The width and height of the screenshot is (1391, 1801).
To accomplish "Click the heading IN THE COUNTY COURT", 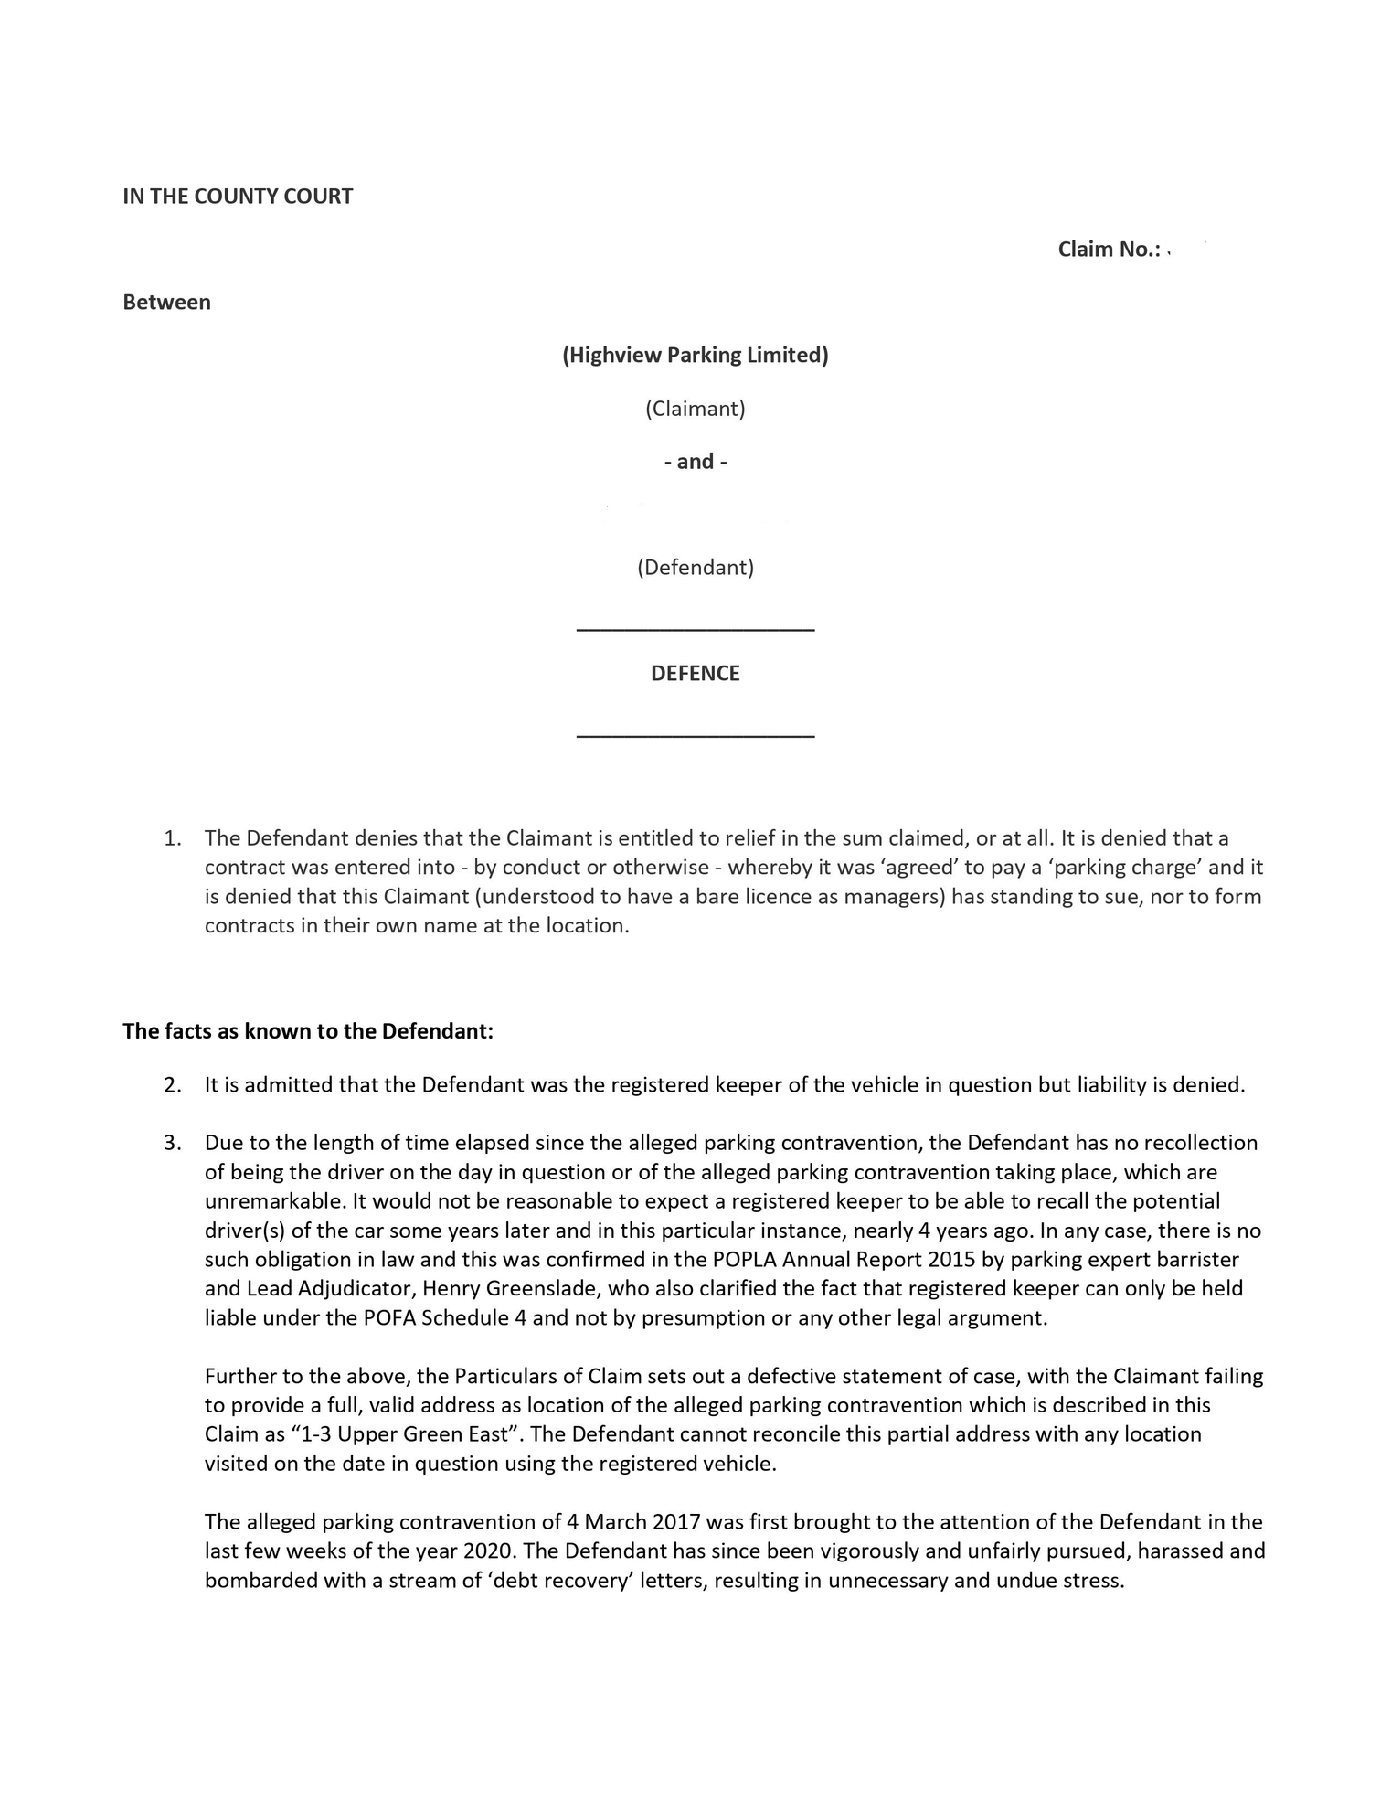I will pos(238,197).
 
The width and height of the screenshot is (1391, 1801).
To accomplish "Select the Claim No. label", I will pos(1108,250).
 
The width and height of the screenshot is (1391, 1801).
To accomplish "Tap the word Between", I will pos(166,303).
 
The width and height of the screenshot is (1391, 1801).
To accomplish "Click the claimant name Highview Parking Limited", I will pos(695,356).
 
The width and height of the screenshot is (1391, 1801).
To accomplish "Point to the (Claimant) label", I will pos(695,409).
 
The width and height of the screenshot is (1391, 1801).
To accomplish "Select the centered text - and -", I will pos(695,462).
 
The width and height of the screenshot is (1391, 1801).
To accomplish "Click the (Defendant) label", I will pos(695,568).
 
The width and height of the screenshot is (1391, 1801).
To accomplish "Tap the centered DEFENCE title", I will pos(695,674).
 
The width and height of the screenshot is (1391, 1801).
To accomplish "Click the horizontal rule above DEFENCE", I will pos(695,629).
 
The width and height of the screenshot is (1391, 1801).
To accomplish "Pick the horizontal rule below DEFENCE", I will pos(695,735).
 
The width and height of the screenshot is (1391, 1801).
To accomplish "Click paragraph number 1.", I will pos(172,838).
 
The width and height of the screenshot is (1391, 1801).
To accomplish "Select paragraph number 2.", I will pos(172,1086).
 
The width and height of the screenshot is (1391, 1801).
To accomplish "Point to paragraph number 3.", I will pos(172,1143).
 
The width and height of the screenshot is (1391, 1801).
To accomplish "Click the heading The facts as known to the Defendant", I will pos(308,1032).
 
